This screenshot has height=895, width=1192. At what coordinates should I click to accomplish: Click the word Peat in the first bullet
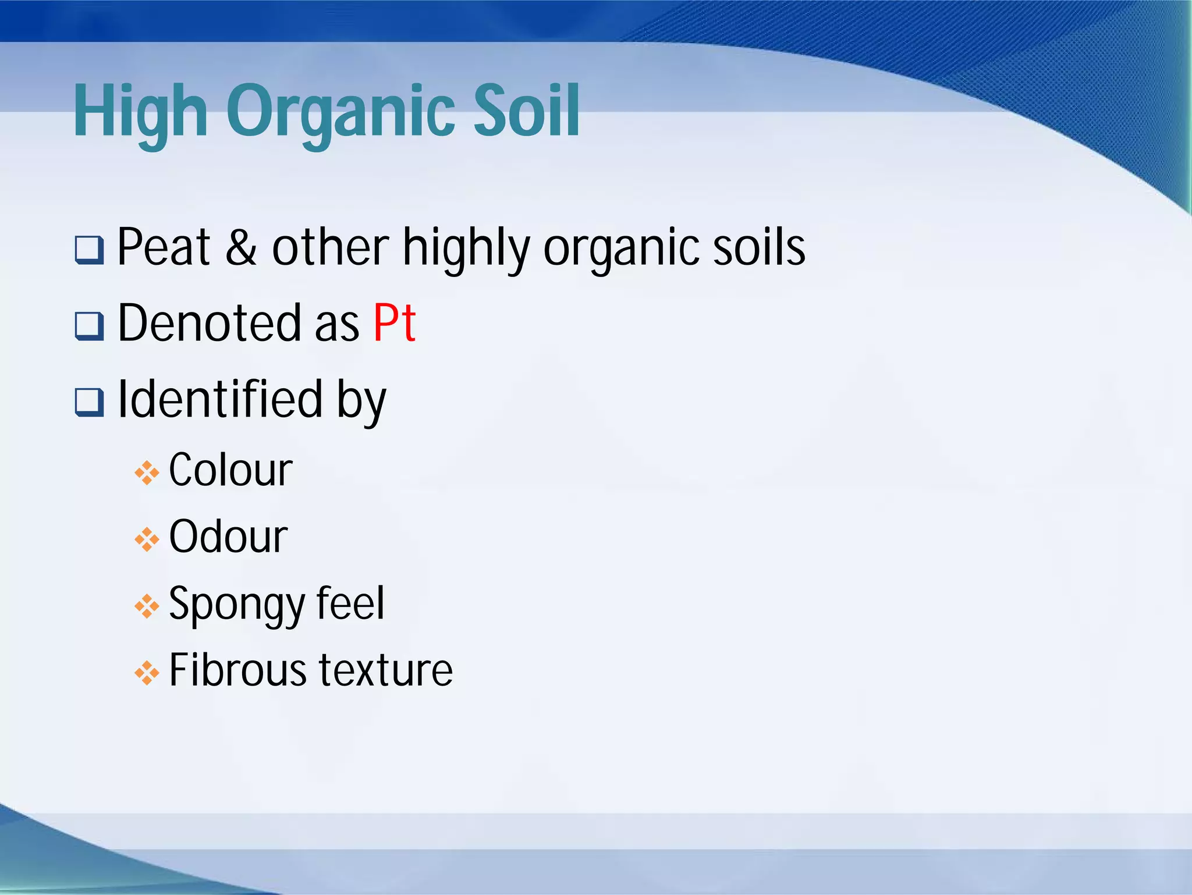point(164,247)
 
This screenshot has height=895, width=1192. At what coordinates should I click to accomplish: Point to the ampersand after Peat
point(241,247)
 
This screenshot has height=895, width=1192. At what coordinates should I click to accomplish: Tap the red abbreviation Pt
point(395,323)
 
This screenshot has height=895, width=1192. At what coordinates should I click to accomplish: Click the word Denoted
point(210,323)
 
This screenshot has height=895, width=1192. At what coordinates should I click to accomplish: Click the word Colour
point(230,470)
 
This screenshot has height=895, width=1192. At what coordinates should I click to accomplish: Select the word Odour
point(228,537)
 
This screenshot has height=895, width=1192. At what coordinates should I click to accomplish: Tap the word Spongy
point(236,604)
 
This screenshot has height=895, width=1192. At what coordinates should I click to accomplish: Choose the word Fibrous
point(237,670)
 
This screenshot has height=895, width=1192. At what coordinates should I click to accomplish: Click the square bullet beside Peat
point(89,250)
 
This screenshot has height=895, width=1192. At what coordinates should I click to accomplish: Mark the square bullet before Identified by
point(89,402)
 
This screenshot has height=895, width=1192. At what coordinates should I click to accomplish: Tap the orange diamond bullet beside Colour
point(147,473)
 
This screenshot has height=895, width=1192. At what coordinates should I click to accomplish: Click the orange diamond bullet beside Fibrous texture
point(147,673)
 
